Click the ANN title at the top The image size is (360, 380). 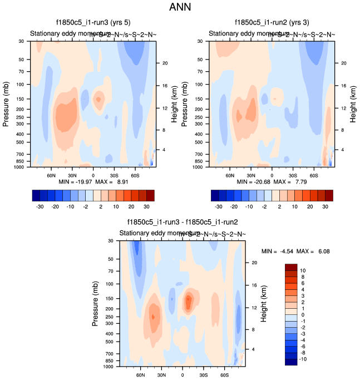point(180,7)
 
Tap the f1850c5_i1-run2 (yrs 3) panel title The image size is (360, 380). point(272,23)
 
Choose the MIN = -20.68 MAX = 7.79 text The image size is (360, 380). point(272,182)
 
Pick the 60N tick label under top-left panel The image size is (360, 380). point(51,175)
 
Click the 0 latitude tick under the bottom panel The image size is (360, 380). point(183,374)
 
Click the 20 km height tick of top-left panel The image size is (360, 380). point(165,63)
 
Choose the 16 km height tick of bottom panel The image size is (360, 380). point(254,285)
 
